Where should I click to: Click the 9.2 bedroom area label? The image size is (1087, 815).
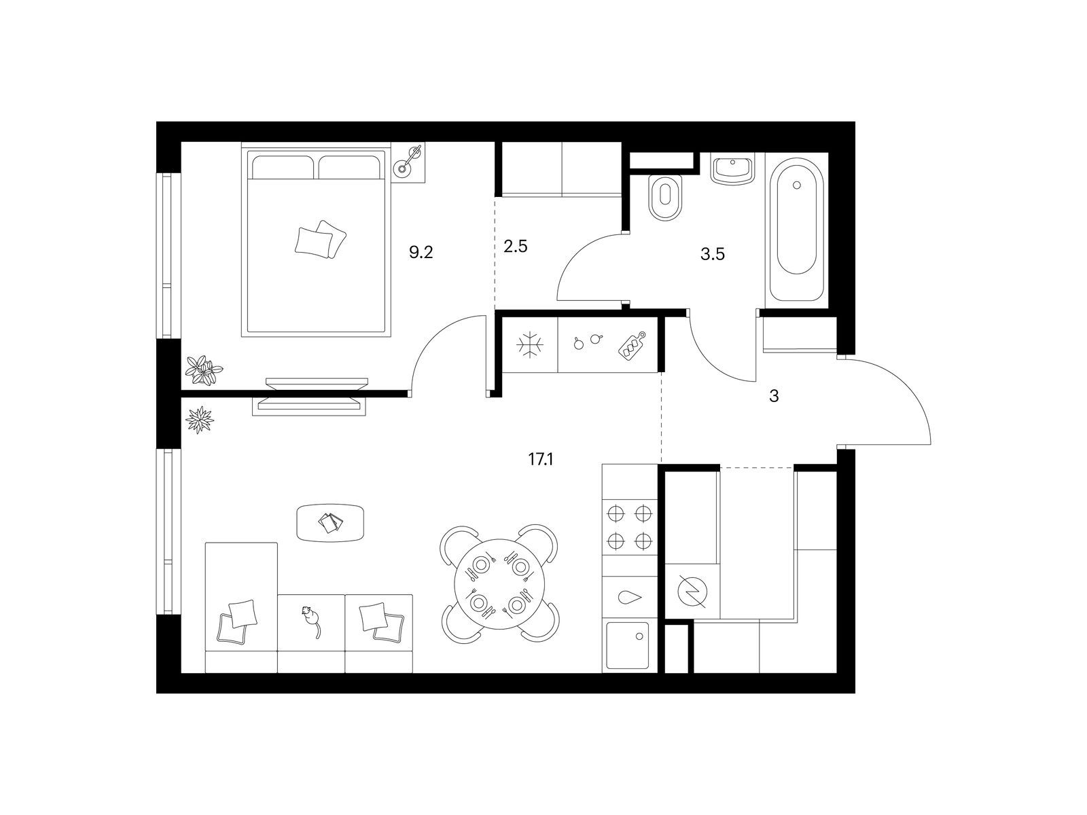coord(421,253)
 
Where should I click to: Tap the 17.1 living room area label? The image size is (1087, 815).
coord(540,460)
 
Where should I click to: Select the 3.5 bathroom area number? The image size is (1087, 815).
coord(713,254)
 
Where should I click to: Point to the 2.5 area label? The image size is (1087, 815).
coord(515,246)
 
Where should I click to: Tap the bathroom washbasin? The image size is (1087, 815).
coord(732,170)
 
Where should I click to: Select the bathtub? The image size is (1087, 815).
coord(796,230)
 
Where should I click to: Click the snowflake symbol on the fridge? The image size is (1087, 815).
coord(530,344)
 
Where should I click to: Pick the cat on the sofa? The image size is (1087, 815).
coord(311,621)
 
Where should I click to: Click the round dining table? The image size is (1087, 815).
coord(499,583)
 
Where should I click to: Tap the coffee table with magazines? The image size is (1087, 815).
coord(329,522)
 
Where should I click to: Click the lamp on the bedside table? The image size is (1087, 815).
coord(409,160)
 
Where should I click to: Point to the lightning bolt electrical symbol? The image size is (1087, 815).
coord(692,592)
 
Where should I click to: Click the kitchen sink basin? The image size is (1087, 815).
coord(628,645)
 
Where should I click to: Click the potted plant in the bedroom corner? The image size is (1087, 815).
coord(204,369)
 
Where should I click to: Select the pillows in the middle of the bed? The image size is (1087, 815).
coord(320,239)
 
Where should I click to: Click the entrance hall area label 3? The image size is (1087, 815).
coord(774,397)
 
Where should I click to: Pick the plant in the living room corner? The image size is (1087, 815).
coord(200,420)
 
